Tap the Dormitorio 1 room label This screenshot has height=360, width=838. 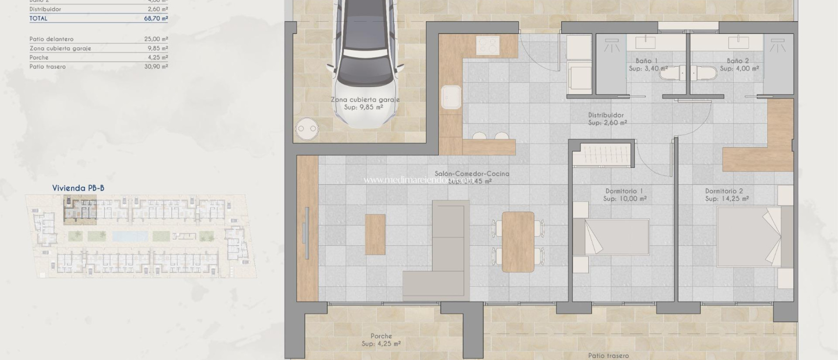tap(624, 191)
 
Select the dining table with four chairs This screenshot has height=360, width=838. tap(518, 241)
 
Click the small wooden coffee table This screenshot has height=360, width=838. tap(375, 234)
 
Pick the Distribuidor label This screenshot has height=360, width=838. tap(606, 115)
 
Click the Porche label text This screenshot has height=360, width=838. tap(381, 336)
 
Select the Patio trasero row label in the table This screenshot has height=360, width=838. tap(47, 67)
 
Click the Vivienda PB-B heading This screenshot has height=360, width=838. tap(78, 188)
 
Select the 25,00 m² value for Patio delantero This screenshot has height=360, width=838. tap(155, 39)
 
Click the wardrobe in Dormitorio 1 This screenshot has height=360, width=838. tap(603, 155)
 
